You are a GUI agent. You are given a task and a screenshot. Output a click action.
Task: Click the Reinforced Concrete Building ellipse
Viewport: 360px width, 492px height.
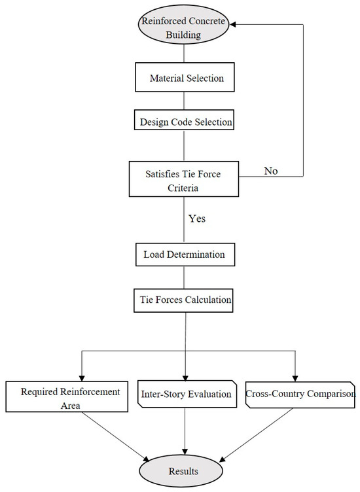(184, 24)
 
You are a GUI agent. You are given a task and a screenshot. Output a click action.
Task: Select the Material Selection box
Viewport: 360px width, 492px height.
(185, 77)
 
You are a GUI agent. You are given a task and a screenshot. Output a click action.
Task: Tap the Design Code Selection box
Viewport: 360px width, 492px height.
(184, 120)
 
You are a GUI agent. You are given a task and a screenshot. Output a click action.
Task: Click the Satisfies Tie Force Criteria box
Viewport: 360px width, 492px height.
(184, 179)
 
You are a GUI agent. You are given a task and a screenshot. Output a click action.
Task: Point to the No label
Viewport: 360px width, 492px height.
(271, 171)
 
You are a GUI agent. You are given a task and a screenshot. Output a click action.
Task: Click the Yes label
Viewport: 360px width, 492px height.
(197, 219)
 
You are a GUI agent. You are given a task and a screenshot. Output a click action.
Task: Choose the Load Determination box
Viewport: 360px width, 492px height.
(185, 255)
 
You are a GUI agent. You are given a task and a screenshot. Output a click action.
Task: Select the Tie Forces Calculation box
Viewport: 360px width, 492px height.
(184, 300)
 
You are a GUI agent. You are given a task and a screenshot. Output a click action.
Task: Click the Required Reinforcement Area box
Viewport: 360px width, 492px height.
(67, 396)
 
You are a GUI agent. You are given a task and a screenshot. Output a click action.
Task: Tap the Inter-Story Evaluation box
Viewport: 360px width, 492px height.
(187, 394)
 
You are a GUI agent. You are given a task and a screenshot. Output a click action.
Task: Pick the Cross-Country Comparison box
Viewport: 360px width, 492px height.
(300, 395)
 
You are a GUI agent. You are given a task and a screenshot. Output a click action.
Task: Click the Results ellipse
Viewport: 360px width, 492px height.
(181, 470)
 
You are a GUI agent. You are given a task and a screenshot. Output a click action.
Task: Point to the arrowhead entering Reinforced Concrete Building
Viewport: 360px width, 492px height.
(232, 24)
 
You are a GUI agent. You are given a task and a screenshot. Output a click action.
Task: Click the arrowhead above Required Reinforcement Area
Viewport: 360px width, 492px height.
(82, 378)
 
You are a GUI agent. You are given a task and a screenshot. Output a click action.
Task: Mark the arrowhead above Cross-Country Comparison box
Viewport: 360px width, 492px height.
(295, 378)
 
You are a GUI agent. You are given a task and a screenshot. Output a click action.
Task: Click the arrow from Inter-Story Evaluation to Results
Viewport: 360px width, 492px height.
(185, 431)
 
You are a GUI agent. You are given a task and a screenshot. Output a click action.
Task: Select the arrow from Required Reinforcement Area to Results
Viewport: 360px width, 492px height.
(116, 437)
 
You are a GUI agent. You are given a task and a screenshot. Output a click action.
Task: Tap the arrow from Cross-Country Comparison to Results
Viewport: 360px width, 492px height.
(256, 435)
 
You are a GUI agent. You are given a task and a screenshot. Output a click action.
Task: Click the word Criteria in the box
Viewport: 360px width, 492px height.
(183, 188)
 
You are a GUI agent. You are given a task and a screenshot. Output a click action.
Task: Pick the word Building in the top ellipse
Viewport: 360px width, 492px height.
(183, 35)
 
